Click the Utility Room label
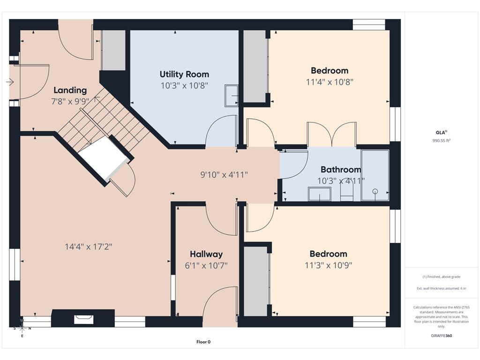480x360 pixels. coord(184,75)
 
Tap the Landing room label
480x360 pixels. coord(70,90)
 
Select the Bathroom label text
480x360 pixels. coord(341,169)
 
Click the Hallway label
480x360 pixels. coord(206,254)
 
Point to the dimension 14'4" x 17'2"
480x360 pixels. coord(89,247)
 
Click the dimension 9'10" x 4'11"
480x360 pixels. coord(224,174)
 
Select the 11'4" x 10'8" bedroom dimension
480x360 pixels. coord(330,82)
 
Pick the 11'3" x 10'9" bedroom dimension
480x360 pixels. coord(329,265)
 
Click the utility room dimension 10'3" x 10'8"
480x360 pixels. coord(184,85)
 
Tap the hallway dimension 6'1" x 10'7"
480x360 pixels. coord(206,265)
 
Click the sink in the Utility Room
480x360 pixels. coord(232,96)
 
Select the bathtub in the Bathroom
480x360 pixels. coord(375,175)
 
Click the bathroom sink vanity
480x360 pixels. coord(320,194)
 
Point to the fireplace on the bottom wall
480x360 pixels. coord(83,318)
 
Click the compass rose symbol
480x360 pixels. coord(22,329)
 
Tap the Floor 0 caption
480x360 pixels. coord(203,342)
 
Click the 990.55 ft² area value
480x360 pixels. coord(441,141)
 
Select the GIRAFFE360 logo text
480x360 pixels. coord(441,336)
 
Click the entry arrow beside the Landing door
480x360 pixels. coord(10,82)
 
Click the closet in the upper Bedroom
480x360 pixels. coord(255,66)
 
